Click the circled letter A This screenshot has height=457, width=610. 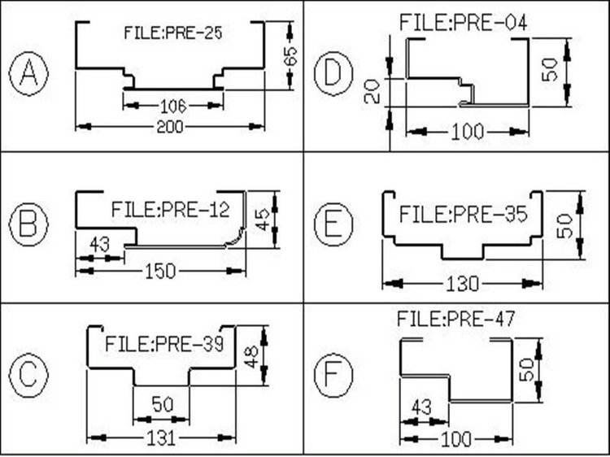28,74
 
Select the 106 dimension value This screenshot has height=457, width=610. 172,105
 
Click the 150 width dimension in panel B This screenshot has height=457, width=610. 160,272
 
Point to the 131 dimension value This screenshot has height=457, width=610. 161,437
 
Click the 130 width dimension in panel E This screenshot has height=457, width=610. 463,284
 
